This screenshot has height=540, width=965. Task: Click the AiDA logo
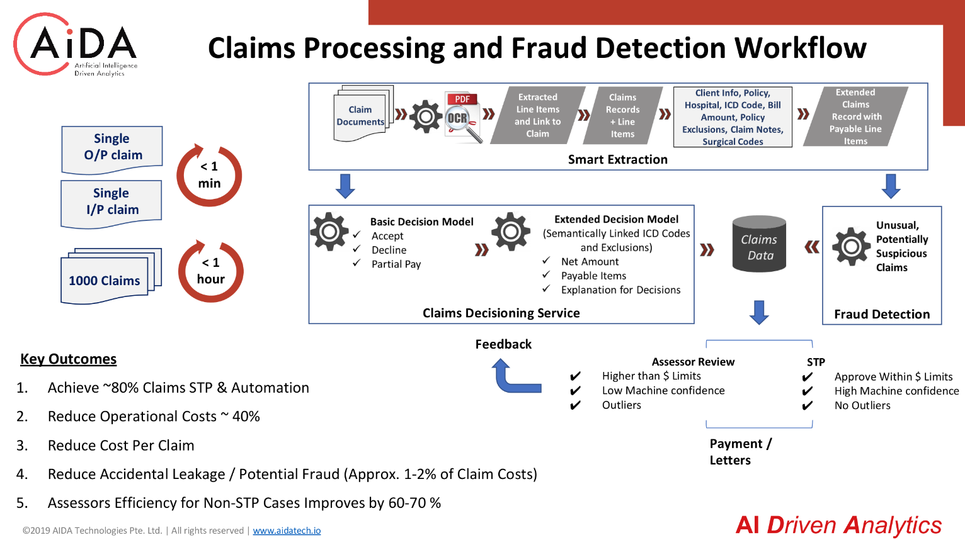point(76,45)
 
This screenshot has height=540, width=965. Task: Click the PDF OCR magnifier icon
point(463,118)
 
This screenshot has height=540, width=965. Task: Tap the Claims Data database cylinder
point(759,244)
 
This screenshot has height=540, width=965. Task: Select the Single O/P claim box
point(112,149)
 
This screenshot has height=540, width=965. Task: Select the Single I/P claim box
point(111,203)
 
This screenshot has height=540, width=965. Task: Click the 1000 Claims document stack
point(111,276)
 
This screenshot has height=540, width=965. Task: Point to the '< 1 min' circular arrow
point(209,175)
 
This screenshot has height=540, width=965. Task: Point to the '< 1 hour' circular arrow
point(210,271)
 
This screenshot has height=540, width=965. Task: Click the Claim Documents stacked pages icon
point(363,113)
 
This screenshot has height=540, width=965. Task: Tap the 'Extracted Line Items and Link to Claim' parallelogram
point(538,115)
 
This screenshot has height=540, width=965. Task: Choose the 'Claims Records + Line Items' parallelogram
point(622,115)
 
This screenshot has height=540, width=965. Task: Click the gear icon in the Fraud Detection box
point(851,247)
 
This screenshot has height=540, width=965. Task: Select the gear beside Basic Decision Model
point(329,232)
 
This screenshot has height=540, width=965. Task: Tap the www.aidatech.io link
point(287,531)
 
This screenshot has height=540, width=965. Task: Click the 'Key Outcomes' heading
point(69,359)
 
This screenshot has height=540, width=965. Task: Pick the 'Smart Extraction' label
point(618,160)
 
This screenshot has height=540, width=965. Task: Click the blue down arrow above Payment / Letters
point(759,312)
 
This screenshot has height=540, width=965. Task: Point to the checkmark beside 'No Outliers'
point(808,405)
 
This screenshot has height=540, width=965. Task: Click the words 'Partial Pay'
point(396,264)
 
